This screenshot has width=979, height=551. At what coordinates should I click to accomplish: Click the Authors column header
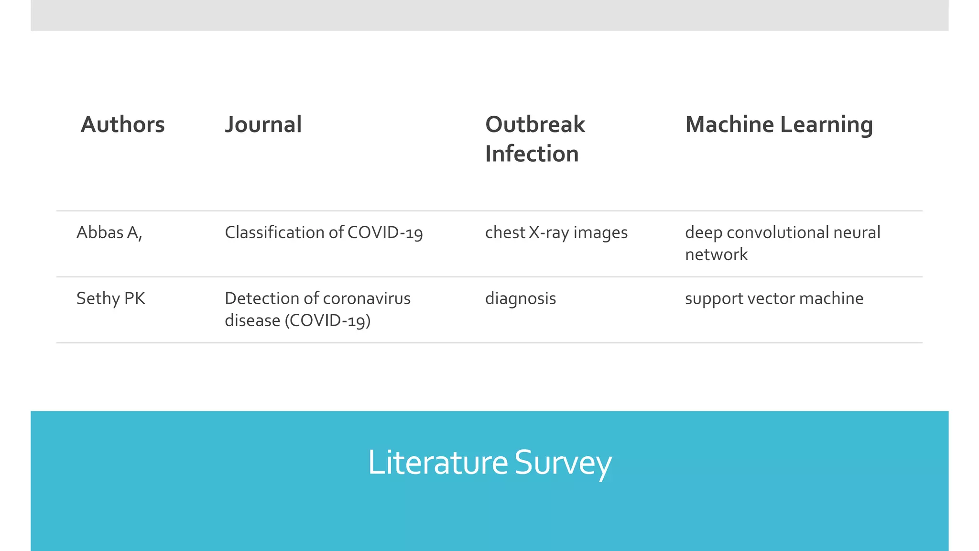(x=122, y=124)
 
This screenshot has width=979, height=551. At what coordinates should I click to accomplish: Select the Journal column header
(x=263, y=124)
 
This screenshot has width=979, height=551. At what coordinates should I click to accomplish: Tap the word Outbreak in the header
(x=535, y=124)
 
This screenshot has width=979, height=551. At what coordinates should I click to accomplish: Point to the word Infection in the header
(x=532, y=154)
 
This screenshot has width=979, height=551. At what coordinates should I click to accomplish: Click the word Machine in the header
(x=729, y=124)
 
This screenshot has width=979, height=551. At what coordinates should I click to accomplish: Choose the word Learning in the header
(x=827, y=125)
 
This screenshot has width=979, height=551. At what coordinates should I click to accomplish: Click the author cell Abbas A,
(x=109, y=232)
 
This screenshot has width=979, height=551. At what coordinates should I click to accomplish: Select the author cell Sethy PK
(x=110, y=298)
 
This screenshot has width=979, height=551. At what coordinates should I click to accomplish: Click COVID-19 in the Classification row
(x=385, y=233)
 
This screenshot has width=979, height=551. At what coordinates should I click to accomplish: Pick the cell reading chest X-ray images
(x=556, y=233)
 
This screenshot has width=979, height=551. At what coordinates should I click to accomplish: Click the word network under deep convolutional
(x=716, y=254)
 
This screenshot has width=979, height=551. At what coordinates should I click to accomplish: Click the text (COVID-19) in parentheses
(x=327, y=320)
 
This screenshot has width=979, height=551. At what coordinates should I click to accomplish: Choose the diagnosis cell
(x=520, y=299)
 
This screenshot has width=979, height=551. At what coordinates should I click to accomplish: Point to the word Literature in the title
(x=437, y=463)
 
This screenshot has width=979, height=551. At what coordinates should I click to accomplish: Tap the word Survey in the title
(x=563, y=463)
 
